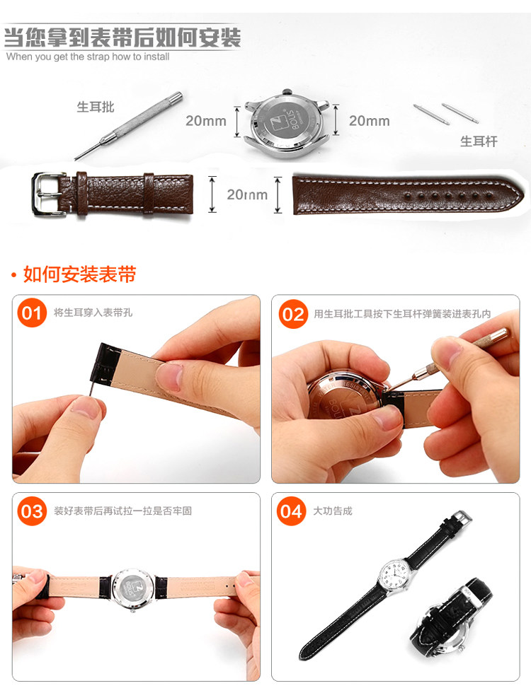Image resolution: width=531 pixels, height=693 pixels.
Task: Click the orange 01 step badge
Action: [32, 313]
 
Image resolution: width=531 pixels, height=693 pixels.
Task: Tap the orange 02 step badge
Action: [293, 314]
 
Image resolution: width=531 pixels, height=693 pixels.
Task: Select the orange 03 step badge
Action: [32, 511]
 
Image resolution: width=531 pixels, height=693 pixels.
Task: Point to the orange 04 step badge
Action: [291, 511]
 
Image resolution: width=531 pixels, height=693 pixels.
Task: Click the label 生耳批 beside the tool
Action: [96, 107]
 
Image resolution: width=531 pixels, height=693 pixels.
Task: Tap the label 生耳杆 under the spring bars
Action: [479, 141]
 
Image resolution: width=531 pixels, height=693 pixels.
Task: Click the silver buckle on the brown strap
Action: [47, 194]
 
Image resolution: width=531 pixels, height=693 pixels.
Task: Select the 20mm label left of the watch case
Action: [206, 121]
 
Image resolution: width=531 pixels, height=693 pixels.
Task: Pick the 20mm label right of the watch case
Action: [370, 121]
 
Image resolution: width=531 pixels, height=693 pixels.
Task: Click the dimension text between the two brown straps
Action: [247, 194]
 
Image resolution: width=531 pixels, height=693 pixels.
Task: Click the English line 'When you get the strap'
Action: [88, 57]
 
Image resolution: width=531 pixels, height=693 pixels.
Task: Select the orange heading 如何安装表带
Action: [79, 274]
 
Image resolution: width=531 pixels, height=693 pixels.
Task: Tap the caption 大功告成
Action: [333, 511]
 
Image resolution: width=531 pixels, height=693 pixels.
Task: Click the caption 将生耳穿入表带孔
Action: [93, 313]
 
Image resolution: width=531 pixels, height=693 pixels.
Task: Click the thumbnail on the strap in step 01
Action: [169, 376]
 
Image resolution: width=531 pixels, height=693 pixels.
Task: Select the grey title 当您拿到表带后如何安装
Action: [122, 37]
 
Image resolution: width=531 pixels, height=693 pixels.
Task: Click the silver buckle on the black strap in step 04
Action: [461, 517]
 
